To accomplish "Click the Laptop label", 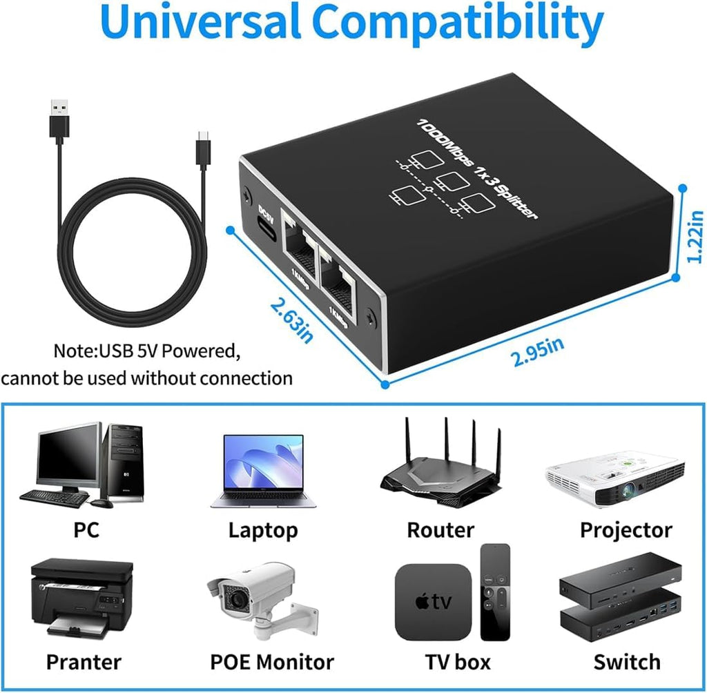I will pyautogui.click(x=263, y=530).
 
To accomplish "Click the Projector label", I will pyautogui.click(x=626, y=530).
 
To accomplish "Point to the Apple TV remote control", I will pyautogui.click(x=495, y=591).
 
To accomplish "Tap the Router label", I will pyautogui.click(x=440, y=530).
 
